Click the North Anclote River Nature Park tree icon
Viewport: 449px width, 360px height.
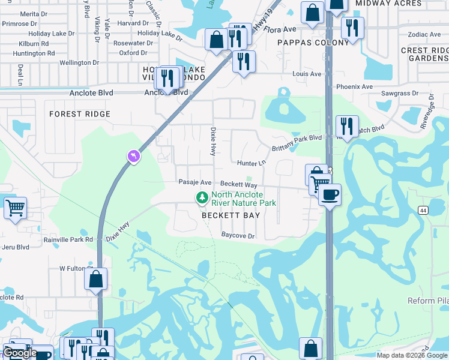[203, 197]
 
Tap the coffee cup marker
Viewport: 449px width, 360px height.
[329, 194]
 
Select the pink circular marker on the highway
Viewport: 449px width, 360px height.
[133, 157]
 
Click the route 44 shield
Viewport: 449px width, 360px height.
[423, 210]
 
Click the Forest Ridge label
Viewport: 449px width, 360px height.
[80, 114]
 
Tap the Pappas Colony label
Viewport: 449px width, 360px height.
[313, 43]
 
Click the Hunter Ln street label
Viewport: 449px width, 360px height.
[251, 163]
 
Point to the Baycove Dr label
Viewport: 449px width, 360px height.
[238, 236]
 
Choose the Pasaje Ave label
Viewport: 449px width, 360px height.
[194, 182]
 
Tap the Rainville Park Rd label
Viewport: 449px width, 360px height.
[68, 239]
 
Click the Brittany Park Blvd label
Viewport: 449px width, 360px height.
[298, 138]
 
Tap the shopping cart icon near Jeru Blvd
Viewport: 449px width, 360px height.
[15, 208]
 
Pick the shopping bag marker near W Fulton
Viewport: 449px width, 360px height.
[95, 279]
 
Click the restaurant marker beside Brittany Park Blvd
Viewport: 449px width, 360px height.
[347, 125]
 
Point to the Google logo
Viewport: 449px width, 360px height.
[20, 353]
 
